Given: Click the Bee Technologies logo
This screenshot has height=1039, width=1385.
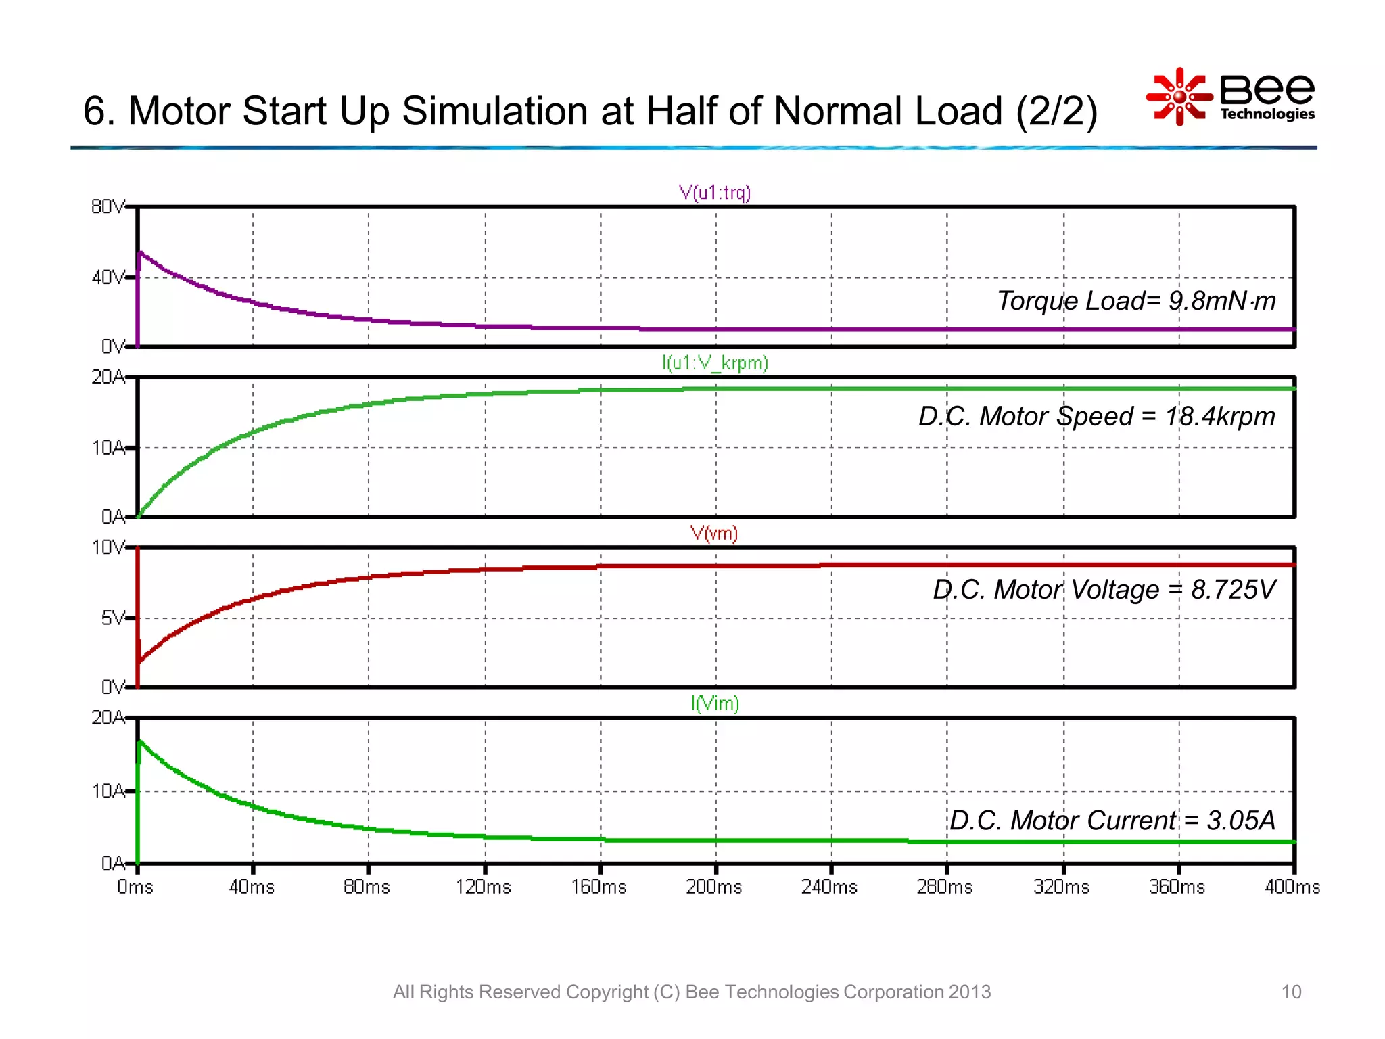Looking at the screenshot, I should (x=1231, y=97).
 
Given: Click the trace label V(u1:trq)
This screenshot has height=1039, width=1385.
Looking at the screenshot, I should (x=715, y=193).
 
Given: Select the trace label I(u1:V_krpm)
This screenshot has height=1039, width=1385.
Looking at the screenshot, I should (x=715, y=363).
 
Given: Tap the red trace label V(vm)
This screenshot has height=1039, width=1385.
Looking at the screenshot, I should (x=713, y=534).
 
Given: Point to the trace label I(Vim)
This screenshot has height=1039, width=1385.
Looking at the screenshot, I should (x=715, y=704).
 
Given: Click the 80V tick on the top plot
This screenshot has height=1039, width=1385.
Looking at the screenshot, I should (x=108, y=206).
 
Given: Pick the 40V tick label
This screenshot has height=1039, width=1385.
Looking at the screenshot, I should (x=108, y=277).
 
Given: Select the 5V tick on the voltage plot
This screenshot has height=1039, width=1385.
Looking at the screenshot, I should (x=112, y=618).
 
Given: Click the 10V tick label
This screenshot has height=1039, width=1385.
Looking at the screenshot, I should (x=108, y=547).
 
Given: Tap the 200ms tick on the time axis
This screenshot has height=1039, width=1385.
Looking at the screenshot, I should (x=714, y=887).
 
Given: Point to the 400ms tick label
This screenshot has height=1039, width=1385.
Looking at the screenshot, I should (x=1292, y=887).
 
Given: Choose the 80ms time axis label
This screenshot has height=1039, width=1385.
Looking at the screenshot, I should (x=367, y=887).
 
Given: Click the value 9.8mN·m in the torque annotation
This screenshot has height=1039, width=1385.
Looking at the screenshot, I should (x=1222, y=301).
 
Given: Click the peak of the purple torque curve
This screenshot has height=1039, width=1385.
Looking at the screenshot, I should (x=140, y=252).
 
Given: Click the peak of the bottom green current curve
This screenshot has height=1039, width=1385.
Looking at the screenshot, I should (x=140, y=741).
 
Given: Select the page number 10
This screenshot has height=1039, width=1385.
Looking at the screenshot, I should (x=1291, y=992).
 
